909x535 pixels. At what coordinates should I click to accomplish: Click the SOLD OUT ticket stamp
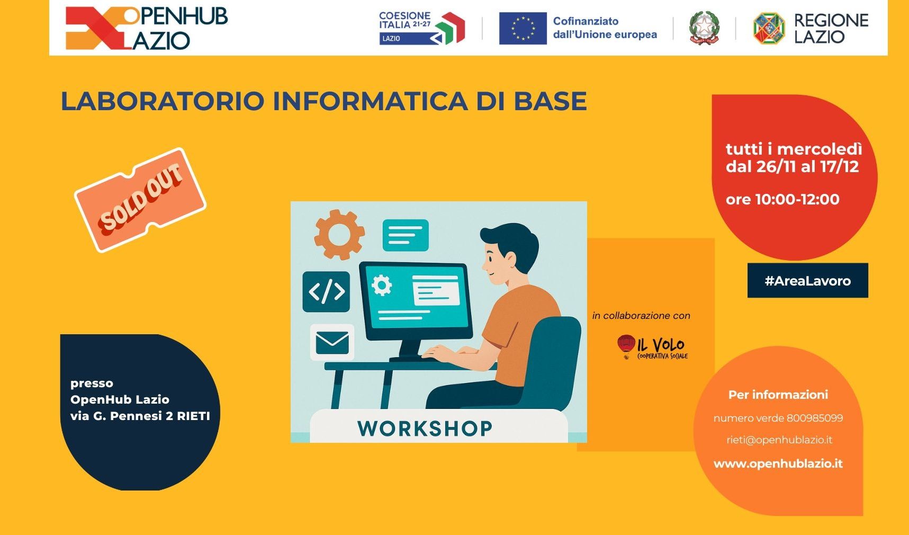tap(140, 200)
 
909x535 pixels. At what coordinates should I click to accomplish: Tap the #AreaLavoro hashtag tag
tap(807, 281)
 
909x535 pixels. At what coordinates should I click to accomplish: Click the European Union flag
tap(523, 28)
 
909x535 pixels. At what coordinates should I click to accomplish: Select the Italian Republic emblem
tap(704, 28)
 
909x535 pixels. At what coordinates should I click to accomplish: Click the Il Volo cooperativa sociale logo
tap(653, 347)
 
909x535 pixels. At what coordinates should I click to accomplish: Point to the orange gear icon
tap(339, 234)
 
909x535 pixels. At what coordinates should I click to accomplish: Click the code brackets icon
tap(326, 291)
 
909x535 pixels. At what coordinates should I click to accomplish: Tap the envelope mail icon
tap(332, 342)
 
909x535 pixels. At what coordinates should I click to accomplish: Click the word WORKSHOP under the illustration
tap(425, 428)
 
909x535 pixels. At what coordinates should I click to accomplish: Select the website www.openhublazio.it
tap(778, 463)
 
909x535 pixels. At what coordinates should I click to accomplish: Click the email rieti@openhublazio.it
tap(779, 440)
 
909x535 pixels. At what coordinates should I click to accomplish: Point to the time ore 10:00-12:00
tap(782, 200)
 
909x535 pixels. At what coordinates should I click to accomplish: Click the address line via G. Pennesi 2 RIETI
tap(140, 416)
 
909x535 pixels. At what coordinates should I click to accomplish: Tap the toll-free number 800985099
tap(814, 418)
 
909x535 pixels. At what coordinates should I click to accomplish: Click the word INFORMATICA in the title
tap(370, 101)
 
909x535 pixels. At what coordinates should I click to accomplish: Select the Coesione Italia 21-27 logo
tap(422, 28)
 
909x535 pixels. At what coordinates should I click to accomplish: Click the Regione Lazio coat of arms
tap(769, 28)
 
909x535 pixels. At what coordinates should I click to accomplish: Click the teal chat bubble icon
tap(406, 235)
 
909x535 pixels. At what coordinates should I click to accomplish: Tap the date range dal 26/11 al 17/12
tap(792, 167)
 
